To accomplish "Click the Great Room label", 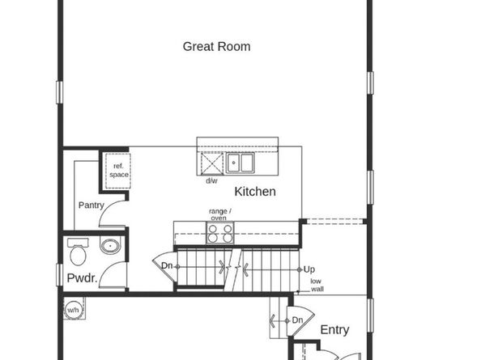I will pyautogui.click(x=216, y=46).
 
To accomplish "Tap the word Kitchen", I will pyautogui.click(x=255, y=192).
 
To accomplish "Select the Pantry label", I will pyautogui.click(x=91, y=205).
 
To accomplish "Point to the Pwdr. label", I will pyautogui.click(x=82, y=278).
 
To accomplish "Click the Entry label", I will pyautogui.click(x=334, y=329).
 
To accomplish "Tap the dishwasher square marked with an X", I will pyautogui.click(x=211, y=164).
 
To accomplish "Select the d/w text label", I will pyautogui.click(x=211, y=180).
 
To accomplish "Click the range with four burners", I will pyautogui.click(x=219, y=233).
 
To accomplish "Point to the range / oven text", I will pyautogui.click(x=219, y=214).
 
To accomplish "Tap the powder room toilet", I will pyautogui.click(x=79, y=253).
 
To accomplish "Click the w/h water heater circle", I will pyautogui.click(x=73, y=310).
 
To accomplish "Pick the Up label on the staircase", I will pyautogui.click(x=309, y=269).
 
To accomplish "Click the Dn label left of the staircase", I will pyautogui.click(x=166, y=265).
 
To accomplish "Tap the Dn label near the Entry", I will pyautogui.click(x=297, y=320).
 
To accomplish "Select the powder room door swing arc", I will pyautogui.click(x=118, y=275).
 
